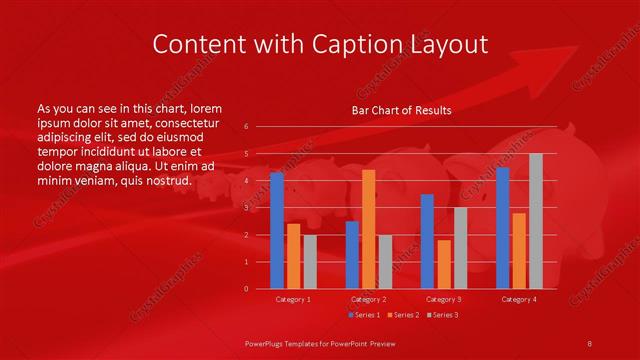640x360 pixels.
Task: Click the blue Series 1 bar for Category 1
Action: pyautogui.click(x=277, y=231)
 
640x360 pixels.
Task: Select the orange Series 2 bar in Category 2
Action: pyautogui.click(x=369, y=229)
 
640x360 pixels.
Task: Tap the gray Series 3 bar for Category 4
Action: pyautogui.click(x=536, y=221)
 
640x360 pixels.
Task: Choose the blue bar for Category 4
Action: pyautogui.click(x=502, y=228)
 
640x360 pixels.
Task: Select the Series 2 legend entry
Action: pyautogui.click(x=402, y=315)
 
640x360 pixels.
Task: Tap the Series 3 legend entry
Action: pyautogui.click(x=442, y=315)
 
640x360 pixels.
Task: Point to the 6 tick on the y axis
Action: pyautogui.click(x=246, y=127)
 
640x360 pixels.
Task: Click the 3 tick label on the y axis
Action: pyautogui.click(x=246, y=208)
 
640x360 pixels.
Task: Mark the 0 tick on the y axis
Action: pyautogui.click(x=246, y=289)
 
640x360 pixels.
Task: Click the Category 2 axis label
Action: pyautogui.click(x=369, y=299)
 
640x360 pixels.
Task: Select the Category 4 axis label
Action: pyautogui.click(x=519, y=299)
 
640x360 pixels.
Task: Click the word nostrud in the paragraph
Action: pyautogui.click(x=169, y=181)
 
